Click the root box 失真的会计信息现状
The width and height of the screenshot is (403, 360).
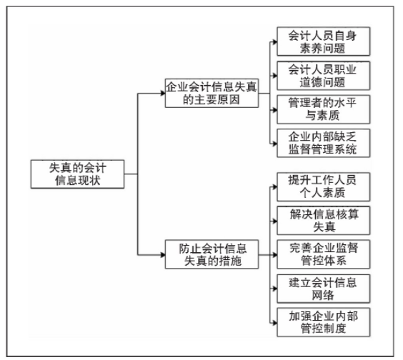pyautogui.click(x=77, y=174)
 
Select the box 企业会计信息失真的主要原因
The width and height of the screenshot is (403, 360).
pyautogui.click(x=212, y=93)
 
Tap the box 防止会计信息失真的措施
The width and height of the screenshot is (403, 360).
pyautogui.click(x=212, y=254)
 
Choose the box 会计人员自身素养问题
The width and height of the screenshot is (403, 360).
pyautogui.click(x=323, y=41)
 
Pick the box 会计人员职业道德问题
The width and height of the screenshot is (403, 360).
pyautogui.click(x=323, y=76)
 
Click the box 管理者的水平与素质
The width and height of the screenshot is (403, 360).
pyautogui.click(x=323, y=109)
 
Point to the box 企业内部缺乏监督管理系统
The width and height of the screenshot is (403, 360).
pyautogui.click(x=323, y=143)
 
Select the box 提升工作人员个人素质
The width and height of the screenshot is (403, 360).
pyautogui.click(x=323, y=187)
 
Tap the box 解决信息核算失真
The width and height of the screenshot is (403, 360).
pyautogui.click(x=323, y=221)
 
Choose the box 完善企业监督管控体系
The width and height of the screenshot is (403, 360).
pyautogui.click(x=323, y=254)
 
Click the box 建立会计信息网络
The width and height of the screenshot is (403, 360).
pyautogui.click(x=323, y=289)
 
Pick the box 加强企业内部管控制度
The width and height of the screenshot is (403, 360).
pyautogui.click(x=323, y=322)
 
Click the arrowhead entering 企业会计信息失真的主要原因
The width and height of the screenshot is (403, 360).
pyautogui.click(x=163, y=93)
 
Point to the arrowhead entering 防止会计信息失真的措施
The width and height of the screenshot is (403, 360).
pyautogui.click(x=163, y=255)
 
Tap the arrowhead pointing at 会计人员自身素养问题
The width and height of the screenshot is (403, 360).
pyautogui.click(x=274, y=41)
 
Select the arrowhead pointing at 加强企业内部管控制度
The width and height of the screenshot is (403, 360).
pyautogui.click(x=274, y=322)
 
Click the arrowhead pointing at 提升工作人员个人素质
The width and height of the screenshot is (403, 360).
pyautogui.click(x=274, y=187)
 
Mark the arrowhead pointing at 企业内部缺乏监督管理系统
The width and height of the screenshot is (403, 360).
pyautogui.click(x=274, y=144)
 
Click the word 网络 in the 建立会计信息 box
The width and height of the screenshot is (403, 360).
pyautogui.click(x=323, y=295)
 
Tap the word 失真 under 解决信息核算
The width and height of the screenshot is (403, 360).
pyautogui.click(x=324, y=227)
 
